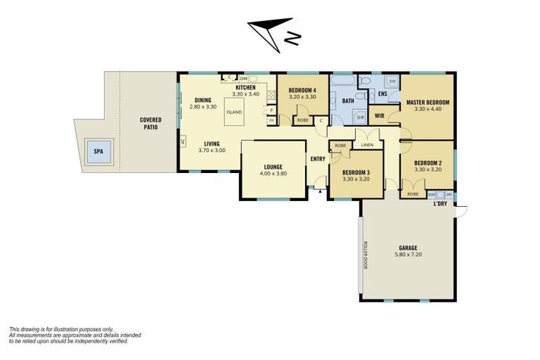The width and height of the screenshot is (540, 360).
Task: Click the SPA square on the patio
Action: coord(98,152)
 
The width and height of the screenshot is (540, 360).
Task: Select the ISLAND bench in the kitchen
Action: coord(233,112)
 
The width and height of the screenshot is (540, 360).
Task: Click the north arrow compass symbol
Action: coord(273,32)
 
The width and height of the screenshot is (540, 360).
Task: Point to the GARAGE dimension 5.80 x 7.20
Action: coord(409,255)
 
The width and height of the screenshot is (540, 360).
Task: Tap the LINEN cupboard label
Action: coord(367,145)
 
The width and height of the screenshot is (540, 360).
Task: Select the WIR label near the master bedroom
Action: coord(379,115)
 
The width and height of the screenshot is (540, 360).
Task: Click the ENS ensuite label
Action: coord(382,94)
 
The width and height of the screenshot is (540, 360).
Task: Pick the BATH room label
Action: coord(347,101)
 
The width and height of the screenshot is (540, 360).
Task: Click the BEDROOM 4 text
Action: coord(302,90)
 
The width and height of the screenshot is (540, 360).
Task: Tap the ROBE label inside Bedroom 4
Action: coord(302,120)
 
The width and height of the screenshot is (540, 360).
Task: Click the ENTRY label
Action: coord(318,159)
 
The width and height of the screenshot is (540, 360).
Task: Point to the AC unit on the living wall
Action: coord(182,141)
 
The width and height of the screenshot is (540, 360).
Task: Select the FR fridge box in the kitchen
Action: coord(271,120)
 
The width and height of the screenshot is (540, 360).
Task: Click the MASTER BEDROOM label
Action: coord(427,103)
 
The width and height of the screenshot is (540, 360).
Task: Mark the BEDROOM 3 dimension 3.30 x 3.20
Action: coord(356,179)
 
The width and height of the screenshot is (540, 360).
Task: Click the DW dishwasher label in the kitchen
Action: coord(243,78)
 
